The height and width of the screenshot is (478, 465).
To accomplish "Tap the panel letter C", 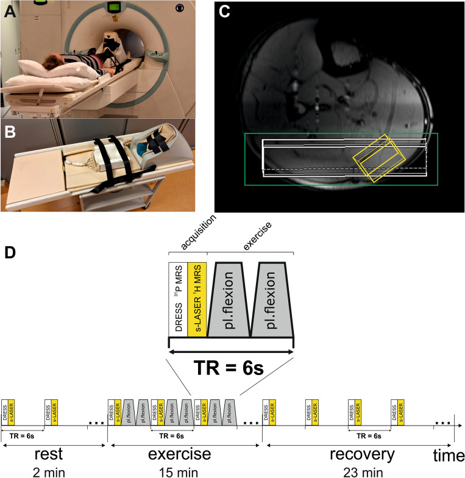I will click(224, 12).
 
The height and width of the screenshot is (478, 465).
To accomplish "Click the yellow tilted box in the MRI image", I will click(380, 158).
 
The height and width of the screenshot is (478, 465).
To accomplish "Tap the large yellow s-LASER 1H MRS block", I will click(197, 299).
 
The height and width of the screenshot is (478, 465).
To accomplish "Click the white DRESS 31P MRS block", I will click(178, 299).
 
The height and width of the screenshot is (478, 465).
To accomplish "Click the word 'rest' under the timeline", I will click(52, 454).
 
